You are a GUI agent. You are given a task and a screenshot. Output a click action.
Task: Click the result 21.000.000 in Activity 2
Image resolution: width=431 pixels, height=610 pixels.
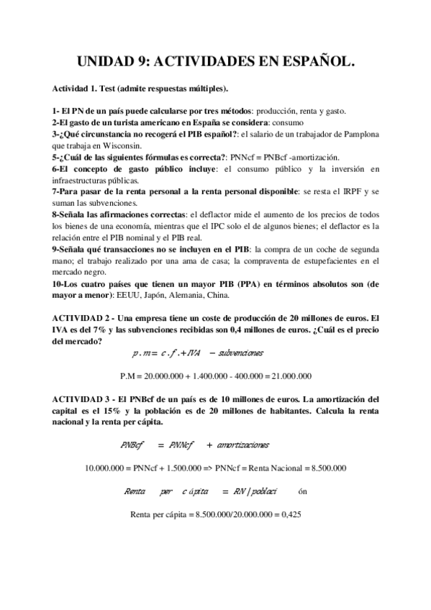click(x=286, y=375)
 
